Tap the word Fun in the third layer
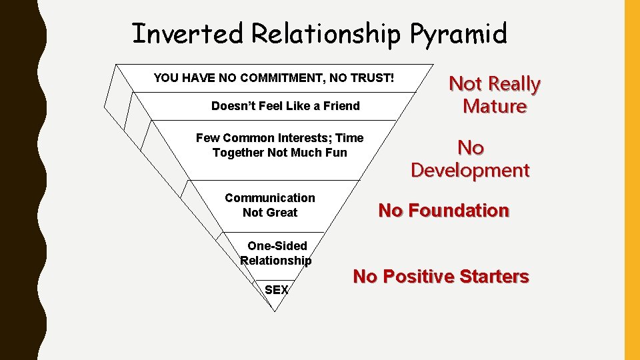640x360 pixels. click(x=335, y=153)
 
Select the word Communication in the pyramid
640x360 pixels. click(x=270, y=198)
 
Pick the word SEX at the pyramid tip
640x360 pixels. click(x=277, y=290)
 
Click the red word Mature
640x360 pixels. click(x=495, y=107)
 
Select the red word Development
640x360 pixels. click(x=470, y=170)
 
